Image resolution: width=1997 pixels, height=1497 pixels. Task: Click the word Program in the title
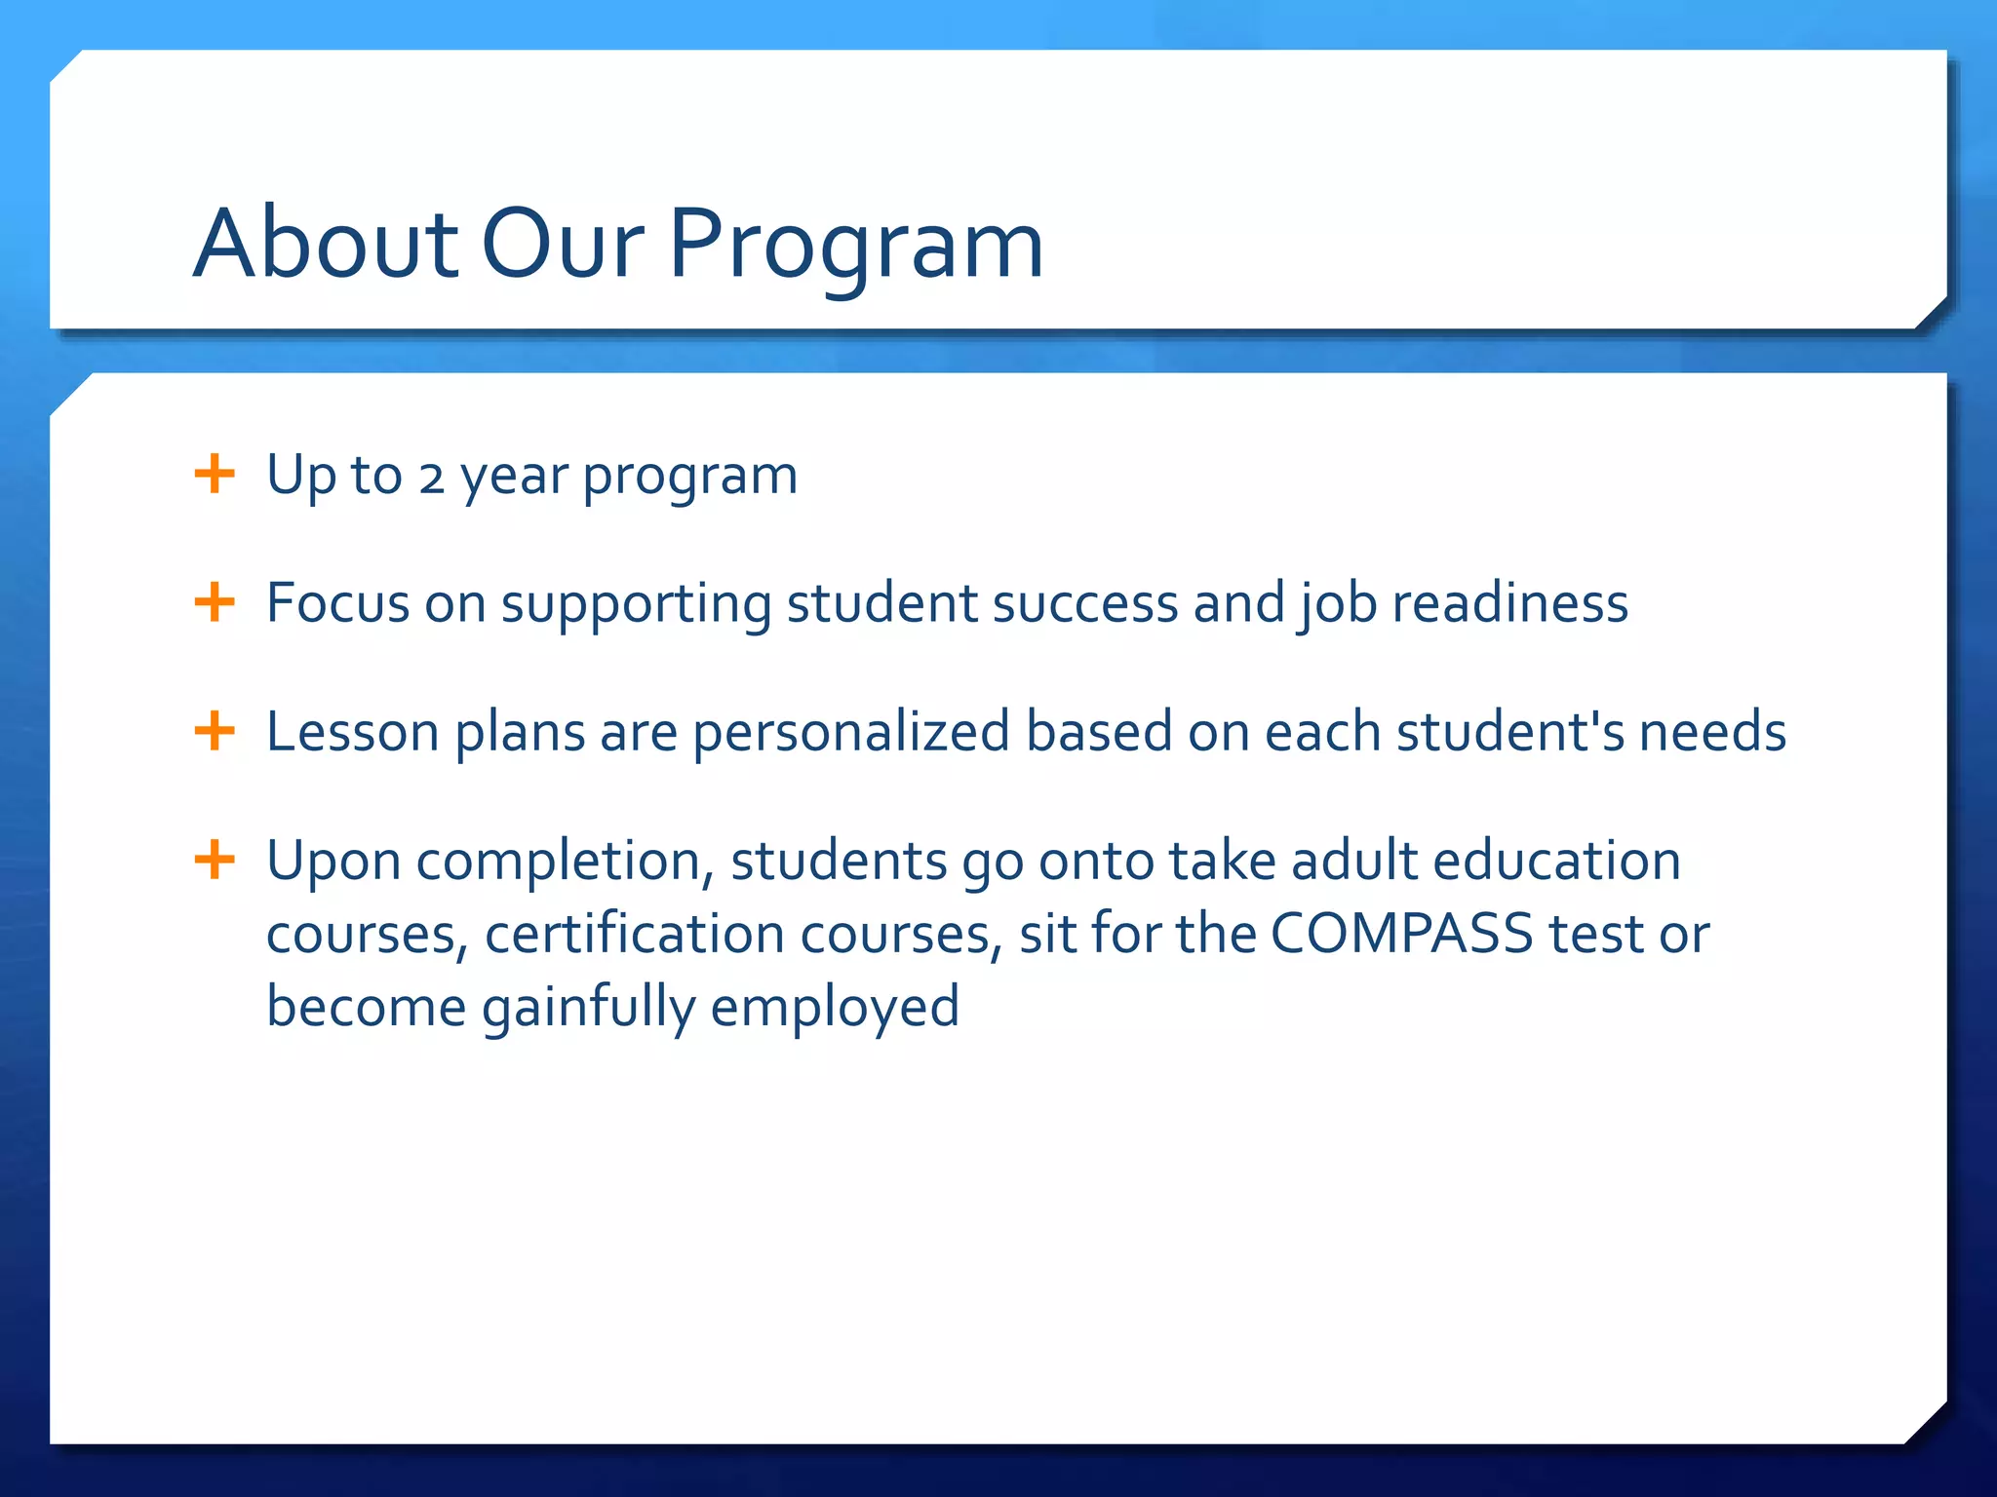point(855,244)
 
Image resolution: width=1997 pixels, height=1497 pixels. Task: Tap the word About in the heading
point(325,244)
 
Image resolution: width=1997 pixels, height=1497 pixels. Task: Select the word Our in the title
point(563,244)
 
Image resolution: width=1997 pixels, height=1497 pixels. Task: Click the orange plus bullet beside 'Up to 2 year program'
point(215,475)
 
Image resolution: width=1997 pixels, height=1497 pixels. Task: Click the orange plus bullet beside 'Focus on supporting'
point(215,602)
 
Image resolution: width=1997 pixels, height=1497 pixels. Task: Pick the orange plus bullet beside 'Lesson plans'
point(215,731)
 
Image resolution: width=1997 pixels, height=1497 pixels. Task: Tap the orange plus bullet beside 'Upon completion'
point(215,861)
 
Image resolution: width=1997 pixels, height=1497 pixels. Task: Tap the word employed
point(834,1008)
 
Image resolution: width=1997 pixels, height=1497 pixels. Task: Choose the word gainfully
point(588,1008)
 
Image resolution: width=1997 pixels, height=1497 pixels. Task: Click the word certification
point(634,934)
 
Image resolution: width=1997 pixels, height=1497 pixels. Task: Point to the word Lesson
point(352,732)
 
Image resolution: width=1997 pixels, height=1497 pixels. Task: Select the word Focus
point(337,603)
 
